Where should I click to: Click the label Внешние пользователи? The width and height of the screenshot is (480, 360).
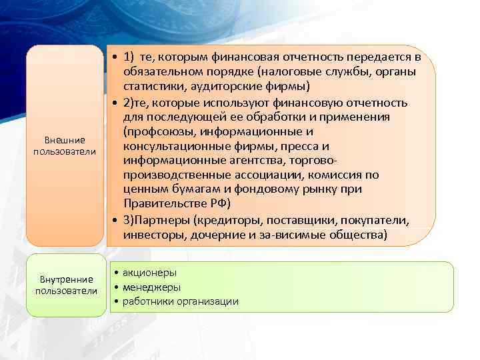65,146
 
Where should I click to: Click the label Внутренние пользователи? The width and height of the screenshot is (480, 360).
65,285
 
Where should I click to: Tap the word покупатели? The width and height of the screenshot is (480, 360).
379,221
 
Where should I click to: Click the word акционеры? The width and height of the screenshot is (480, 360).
149,273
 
